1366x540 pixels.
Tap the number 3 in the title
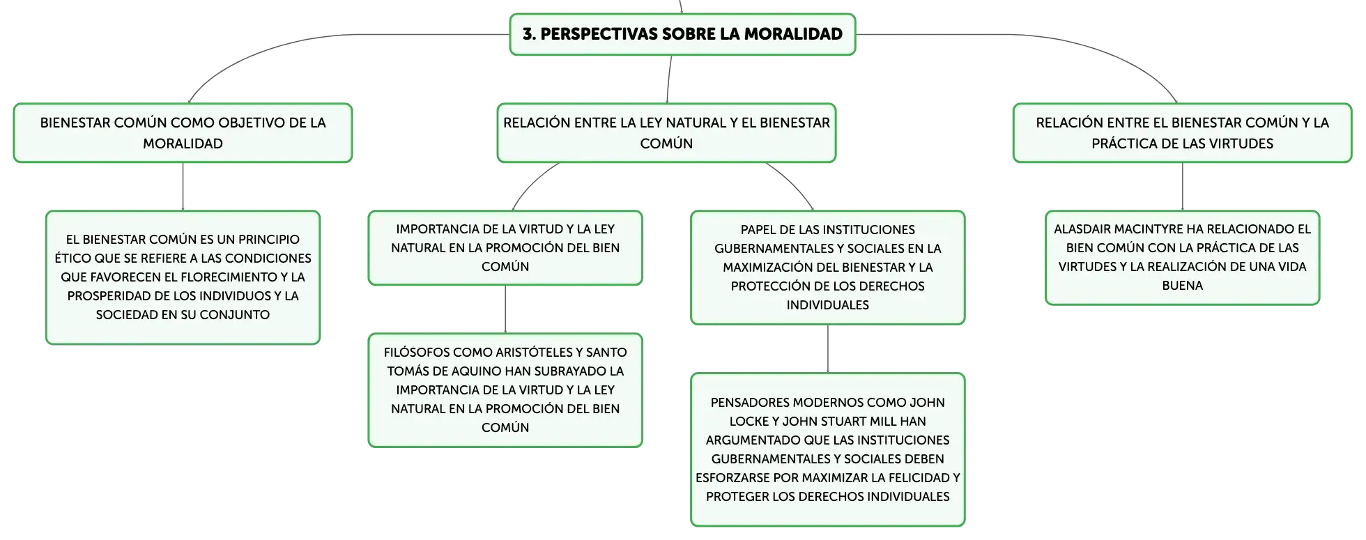[x=528, y=33]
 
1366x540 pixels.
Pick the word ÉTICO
[x=72, y=258]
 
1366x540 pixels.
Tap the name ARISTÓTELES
[x=533, y=352]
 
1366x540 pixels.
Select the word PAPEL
[x=758, y=229]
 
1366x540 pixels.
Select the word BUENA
[x=1183, y=285]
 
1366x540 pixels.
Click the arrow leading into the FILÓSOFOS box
[x=505, y=309]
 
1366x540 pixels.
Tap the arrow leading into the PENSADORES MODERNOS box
[x=828, y=349]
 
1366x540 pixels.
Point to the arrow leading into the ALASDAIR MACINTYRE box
[x=1183, y=187]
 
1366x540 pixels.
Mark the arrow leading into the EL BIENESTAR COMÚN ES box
[x=183, y=187]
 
